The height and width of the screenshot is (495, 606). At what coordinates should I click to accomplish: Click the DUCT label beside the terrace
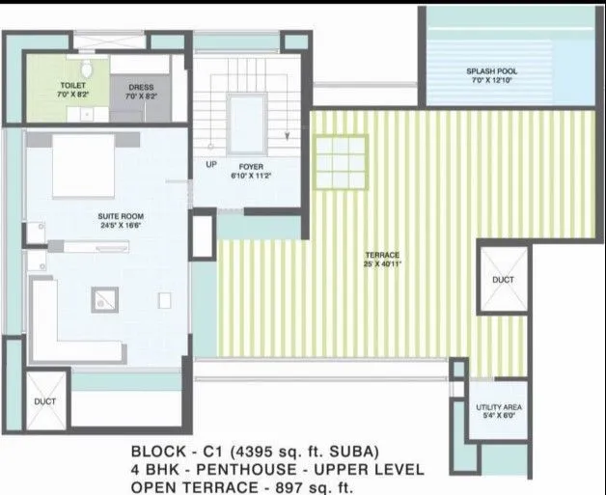(x=503, y=279)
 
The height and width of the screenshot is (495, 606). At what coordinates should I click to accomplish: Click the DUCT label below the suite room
(x=45, y=400)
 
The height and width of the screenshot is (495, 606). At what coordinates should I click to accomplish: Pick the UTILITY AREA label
(x=499, y=408)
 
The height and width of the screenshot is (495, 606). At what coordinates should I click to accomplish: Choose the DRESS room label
(x=141, y=87)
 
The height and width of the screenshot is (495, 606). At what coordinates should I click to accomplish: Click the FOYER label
(x=251, y=167)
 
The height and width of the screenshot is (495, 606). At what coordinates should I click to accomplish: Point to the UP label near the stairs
(x=211, y=164)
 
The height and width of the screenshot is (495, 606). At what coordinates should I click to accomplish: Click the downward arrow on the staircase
(x=288, y=136)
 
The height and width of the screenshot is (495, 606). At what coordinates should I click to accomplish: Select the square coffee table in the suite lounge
(x=103, y=300)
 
